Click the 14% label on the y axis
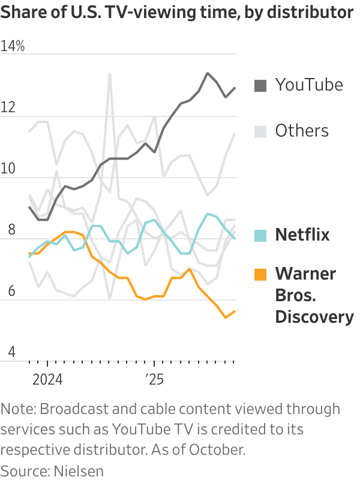(13, 46)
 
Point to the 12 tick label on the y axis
(8, 108)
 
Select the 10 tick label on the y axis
(8, 169)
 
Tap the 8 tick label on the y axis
(5, 231)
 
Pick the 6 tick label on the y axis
(5, 293)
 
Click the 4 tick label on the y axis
(5, 354)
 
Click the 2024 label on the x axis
(47, 379)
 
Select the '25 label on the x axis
(154, 379)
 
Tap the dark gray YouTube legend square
(260, 85)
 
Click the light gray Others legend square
(260, 131)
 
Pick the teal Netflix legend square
(260, 235)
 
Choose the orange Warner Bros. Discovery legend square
(260, 274)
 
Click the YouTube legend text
(309, 85)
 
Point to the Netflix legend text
(302, 235)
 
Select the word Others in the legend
(302, 131)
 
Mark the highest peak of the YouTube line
(208, 73)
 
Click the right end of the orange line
(235, 311)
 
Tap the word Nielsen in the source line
(76, 470)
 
